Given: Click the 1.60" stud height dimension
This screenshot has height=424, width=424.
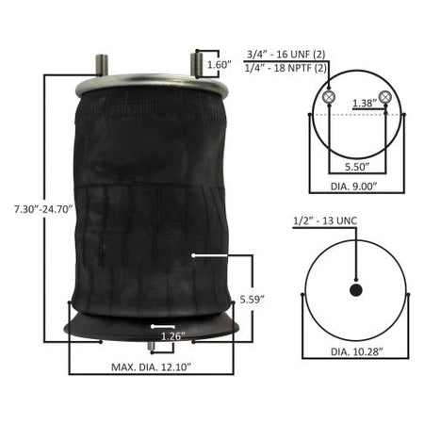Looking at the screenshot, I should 218,65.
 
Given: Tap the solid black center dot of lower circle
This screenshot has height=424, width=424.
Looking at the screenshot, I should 356,290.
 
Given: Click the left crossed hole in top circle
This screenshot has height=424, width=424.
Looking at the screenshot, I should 329,98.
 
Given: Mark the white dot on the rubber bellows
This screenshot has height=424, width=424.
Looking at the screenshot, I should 193,254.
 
